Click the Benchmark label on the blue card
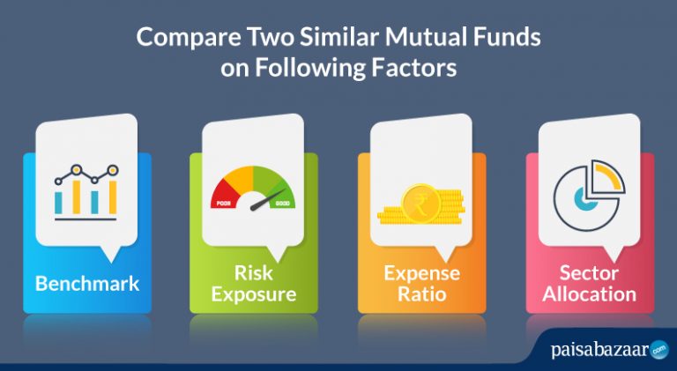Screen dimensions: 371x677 87,284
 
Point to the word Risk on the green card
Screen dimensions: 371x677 255,272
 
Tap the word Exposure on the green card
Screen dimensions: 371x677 254,293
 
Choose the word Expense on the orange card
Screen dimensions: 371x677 421,272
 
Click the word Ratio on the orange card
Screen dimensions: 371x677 421,293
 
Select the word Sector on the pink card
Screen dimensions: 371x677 590,272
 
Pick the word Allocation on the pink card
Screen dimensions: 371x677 590,293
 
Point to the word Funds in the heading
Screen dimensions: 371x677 513,40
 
